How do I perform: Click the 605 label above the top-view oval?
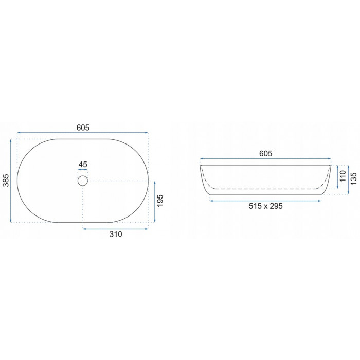(83, 128)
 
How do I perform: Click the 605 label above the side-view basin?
(266, 153)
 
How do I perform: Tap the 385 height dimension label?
(6, 181)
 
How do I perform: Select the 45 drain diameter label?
(83, 165)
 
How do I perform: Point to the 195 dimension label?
(160, 201)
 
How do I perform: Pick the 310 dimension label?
(116, 234)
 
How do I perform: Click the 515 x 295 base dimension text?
(266, 206)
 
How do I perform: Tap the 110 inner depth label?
(343, 176)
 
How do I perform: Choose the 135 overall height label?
(354, 178)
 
